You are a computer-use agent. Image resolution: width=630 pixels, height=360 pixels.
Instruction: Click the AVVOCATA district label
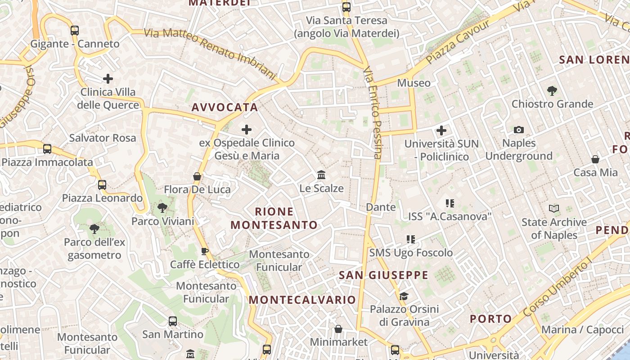click(x=225, y=107)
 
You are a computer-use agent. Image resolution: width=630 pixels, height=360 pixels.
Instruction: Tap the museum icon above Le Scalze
click(x=321, y=175)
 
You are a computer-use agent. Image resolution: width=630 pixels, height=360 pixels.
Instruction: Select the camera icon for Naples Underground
click(x=519, y=130)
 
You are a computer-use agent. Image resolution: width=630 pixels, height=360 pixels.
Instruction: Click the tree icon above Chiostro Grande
click(x=552, y=91)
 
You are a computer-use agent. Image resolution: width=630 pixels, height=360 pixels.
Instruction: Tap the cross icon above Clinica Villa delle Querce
click(x=108, y=79)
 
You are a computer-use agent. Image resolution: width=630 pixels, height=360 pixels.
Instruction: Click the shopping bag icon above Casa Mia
click(x=595, y=159)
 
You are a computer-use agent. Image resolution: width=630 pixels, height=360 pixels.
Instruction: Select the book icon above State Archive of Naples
click(x=554, y=209)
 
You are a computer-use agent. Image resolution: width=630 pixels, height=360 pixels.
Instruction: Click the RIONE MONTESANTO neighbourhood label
click(x=274, y=218)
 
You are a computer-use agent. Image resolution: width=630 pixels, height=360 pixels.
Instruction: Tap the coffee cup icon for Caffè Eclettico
click(x=205, y=251)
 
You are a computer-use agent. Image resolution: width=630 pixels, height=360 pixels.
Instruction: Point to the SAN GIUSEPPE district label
click(x=383, y=275)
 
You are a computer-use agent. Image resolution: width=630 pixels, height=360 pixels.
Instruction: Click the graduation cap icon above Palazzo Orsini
click(x=404, y=296)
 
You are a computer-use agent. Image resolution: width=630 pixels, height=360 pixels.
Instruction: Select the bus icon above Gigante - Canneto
click(x=75, y=31)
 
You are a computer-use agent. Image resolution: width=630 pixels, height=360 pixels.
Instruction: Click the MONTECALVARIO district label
click(x=302, y=300)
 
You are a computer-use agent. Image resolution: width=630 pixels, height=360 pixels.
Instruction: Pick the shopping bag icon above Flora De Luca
click(x=197, y=176)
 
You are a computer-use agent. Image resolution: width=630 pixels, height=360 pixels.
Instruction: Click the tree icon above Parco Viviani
click(x=162, y=208)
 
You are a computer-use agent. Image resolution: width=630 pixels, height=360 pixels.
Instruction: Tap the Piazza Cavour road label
click(x=457, y=42)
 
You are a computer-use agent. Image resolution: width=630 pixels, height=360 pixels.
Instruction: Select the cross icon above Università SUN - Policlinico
click(x=441, y=131)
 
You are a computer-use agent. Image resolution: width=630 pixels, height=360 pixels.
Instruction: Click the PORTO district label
click(x=491, y=319)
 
